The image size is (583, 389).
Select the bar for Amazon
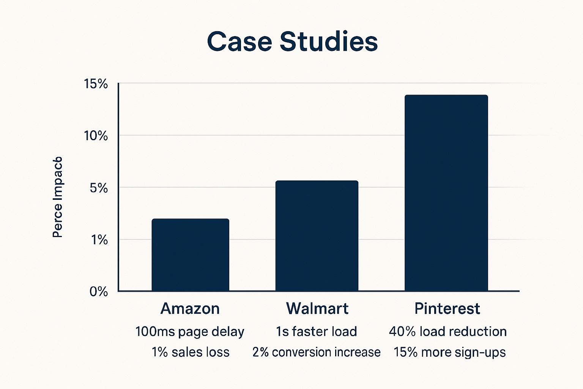pos(190,255)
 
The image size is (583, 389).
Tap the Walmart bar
pos(317,236)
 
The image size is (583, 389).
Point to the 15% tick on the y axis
pos(96,84)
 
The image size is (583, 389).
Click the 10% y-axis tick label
pos(96,136)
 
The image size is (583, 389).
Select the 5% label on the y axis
pos(99,188)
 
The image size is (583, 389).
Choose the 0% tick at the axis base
pos(99,292)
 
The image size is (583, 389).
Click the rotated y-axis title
pos(57,197)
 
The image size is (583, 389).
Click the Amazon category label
pos(190,308)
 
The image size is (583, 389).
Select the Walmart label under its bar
pos(317,308)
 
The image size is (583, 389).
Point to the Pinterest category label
pos(447,308)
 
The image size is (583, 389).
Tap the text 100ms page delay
pos(190,332)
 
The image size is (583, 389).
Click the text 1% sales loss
pos(191,352)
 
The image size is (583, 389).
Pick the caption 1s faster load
pos(316,332)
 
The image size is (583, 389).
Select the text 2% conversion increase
pos(316,352)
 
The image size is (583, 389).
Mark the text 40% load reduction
pos(447,332)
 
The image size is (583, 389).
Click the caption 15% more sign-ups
pos(449,352)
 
